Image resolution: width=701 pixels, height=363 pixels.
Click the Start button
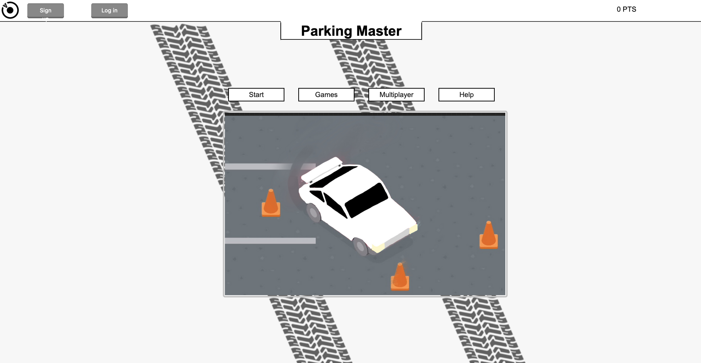(256, 94)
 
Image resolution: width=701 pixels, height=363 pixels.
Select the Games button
(326, 94)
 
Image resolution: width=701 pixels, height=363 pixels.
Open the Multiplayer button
(396, 94)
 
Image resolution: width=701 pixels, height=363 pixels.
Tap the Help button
(466, 94)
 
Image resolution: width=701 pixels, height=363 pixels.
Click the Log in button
(109, 11)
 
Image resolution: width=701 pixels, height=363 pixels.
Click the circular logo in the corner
(10, 10)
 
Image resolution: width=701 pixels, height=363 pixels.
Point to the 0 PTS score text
(626, 9)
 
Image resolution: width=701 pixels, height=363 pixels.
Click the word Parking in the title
(326, 31)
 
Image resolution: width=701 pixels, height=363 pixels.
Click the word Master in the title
(379, 31)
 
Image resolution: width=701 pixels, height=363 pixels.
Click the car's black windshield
(366, 200)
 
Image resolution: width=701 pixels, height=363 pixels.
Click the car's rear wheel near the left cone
(313, 212)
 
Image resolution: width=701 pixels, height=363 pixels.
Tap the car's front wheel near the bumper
(360, 247)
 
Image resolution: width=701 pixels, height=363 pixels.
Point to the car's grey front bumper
(397, 238)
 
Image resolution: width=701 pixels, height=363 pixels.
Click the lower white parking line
(270, 241)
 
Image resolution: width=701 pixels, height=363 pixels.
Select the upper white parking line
(259, 166)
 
